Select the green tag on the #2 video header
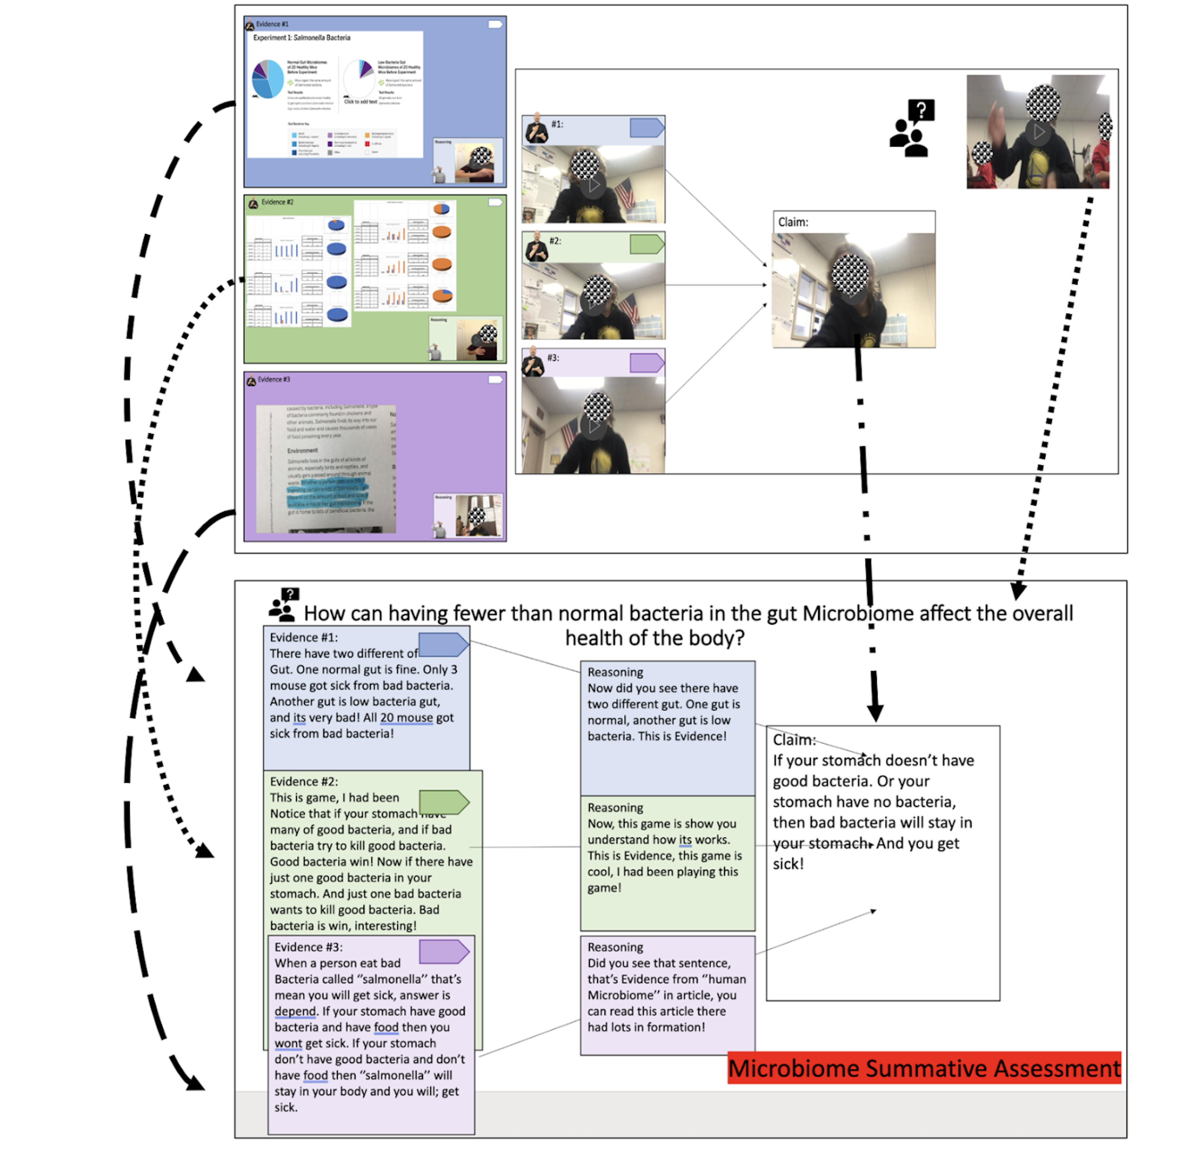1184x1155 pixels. (x=647, y=244)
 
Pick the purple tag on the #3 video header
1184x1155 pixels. (x=647, y=363)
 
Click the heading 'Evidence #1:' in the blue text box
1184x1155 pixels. (x=303, y=638)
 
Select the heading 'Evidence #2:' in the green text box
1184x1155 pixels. (x=303, y=781)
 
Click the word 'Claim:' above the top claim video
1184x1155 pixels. (x=793, y=222)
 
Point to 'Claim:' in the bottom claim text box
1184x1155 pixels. (x=793, y=740)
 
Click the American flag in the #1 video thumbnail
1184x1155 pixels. (x=624, y=193)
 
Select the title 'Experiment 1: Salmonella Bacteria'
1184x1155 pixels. (x=301, y=38)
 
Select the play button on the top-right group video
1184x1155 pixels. (x=1038, y=131)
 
